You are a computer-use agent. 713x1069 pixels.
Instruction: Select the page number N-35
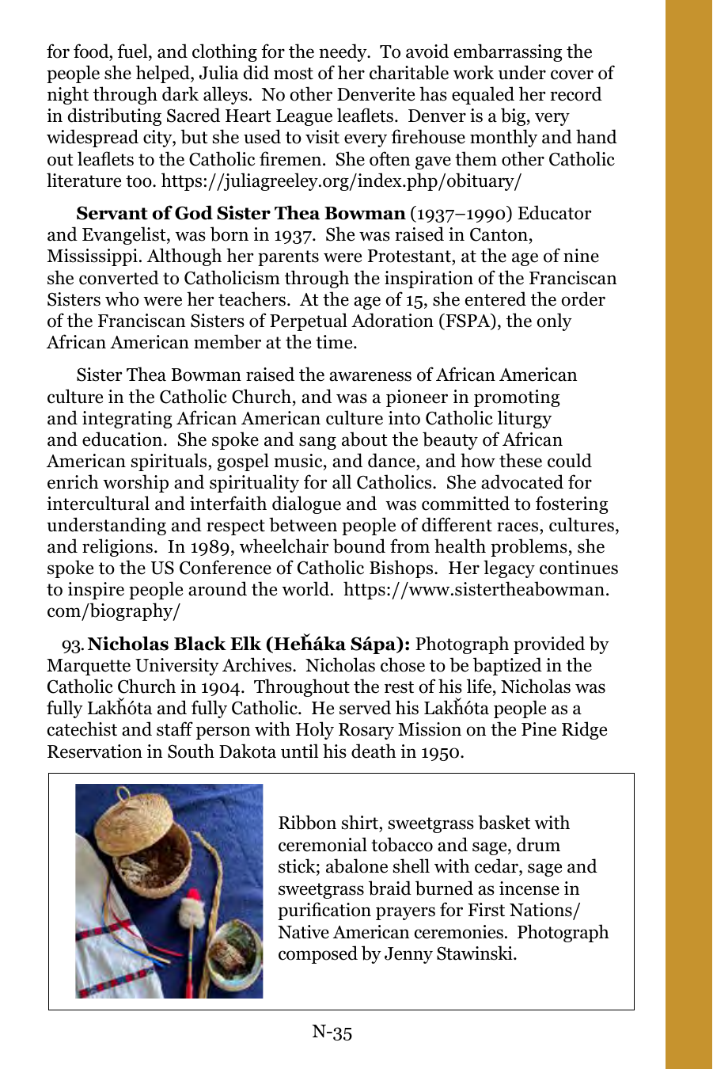332,1031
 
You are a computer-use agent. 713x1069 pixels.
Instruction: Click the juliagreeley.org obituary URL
341,181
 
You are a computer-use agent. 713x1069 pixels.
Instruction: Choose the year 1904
222,687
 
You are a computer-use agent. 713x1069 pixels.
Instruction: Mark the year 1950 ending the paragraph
440,751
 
